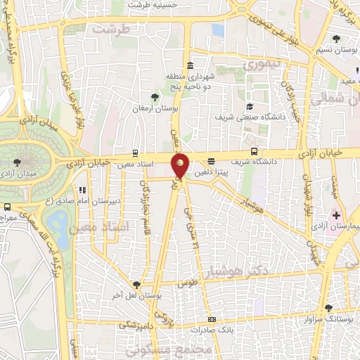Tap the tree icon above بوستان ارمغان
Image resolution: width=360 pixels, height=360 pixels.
point(155,97)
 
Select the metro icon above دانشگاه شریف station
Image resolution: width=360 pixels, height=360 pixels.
point(254,150)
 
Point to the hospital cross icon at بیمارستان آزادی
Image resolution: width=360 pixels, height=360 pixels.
point(336,214)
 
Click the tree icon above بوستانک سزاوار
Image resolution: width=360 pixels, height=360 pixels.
point(328,308)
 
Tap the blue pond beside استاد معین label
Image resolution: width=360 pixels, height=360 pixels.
point(60,226)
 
